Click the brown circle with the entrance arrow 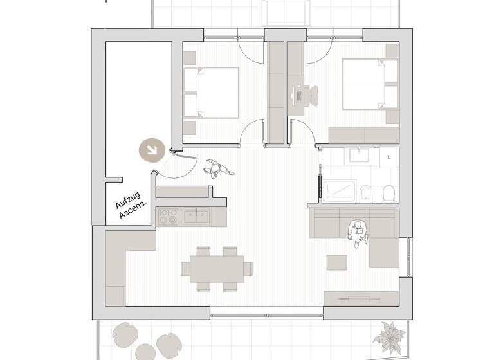[x=152, y=150]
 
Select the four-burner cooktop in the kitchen [x=169, y=216]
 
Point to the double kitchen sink [x=196, y=216]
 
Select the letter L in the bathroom [x=389, y=157]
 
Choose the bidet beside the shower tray [x=366, y=194]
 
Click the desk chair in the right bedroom [x=311, y=95]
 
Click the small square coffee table [x=336, y=262]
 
